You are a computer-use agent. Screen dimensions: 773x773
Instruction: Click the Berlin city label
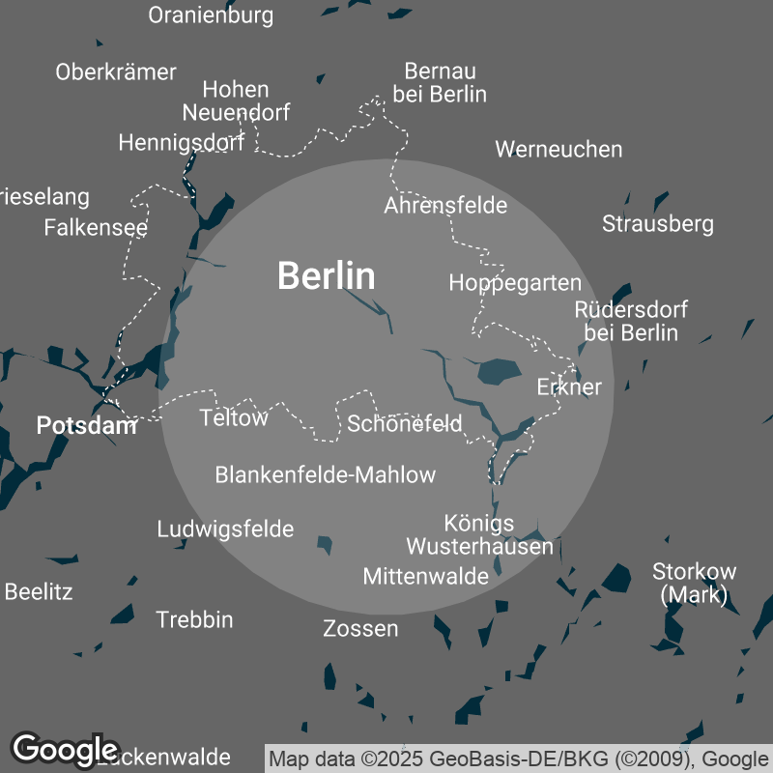click(x=326, y=276)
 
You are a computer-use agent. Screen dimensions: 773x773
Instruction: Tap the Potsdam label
click(x=86, y=425)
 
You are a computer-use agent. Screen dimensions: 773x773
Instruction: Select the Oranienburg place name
click(x=211, y=15)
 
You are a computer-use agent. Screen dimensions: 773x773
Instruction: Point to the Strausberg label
click(x=658, y=224)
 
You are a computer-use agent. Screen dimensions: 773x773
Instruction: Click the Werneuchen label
click(x=558, y=149)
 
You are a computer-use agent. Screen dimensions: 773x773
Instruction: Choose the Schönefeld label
click(x=405, y=423)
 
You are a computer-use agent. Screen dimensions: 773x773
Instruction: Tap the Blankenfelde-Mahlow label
click(x=326, y=474)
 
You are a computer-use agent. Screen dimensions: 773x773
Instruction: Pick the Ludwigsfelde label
click(x=225, y=530)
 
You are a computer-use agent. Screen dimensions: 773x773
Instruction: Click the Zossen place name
click(x=360, y=629)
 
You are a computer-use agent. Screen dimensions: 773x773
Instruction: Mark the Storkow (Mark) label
click(x=695, y=583)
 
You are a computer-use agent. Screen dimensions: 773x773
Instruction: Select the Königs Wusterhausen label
click(x=480, y=534)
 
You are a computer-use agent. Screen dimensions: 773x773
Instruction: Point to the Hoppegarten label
click(x=515, y=283)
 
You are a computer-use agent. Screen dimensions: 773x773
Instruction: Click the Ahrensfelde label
click(x=445, y=205)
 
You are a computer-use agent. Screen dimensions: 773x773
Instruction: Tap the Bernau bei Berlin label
click(x=440, y=83)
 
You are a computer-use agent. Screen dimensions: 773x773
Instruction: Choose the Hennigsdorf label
click(x=182, y=143)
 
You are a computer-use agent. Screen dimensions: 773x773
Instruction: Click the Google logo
click(x=65, y=749)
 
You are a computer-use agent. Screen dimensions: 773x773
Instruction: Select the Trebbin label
click(x=194, y=619)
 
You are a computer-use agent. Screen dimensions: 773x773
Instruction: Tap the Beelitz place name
click(x=39, y=591)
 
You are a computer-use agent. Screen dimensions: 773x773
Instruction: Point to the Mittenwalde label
click(x=425, y=577)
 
